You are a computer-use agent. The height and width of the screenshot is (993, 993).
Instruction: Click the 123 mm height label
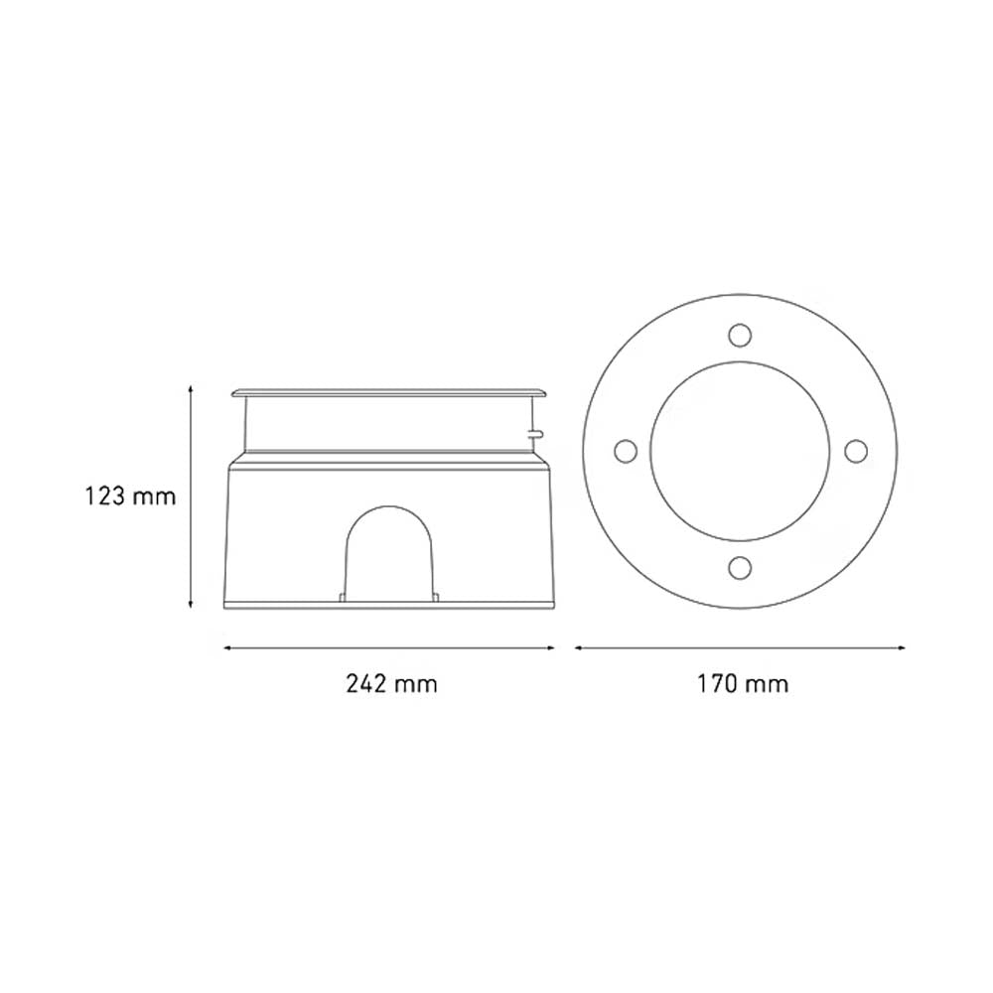click(130, 496)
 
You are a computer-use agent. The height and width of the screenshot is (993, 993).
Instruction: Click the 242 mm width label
click(391, 683)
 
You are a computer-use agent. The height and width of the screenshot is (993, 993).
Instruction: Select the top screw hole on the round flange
click(738, 335)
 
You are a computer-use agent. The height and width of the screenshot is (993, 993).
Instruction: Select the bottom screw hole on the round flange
click(738, 567)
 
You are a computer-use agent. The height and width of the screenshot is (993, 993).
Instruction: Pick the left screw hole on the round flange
click(625, 451)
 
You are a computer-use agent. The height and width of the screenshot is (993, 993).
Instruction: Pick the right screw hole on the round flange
click(854, 451)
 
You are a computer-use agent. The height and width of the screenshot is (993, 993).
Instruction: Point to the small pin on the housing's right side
click(536, 432)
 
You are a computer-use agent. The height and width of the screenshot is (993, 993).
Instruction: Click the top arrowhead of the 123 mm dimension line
click(190, 389)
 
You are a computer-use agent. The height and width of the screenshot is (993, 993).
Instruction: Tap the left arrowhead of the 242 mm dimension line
click(227, 647)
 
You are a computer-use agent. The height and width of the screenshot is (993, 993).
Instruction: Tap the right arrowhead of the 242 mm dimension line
click(551, 647)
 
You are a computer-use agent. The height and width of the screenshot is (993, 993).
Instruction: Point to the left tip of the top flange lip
click(232, 395)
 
